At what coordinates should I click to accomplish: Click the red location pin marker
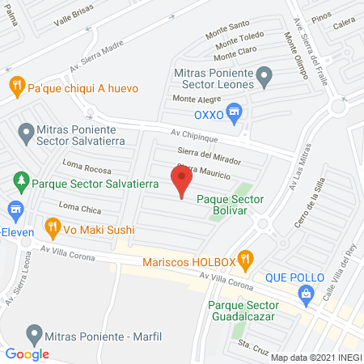pyautogui.click(x=182, y=180)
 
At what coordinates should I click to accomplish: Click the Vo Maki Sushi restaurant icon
pyautogui.click(x=53, y=226)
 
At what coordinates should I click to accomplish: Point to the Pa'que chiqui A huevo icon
pyautogui.click(x=16, y=85)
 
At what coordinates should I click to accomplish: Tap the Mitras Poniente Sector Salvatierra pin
pyautogui.click(x=26, y=131)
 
